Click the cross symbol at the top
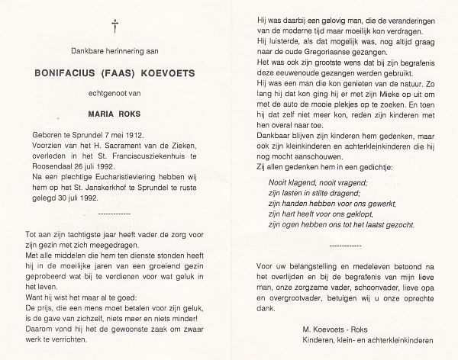click(115, 26)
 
